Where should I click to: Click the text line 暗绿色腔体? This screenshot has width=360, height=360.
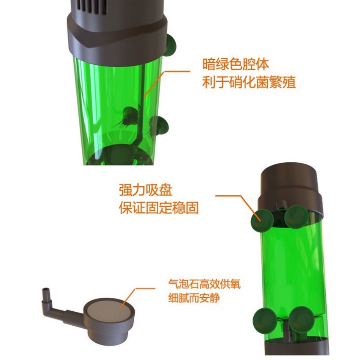click(235, 65)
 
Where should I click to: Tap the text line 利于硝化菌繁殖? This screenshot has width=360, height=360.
click(249, 82)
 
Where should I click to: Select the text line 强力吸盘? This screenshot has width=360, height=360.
click(146, 190)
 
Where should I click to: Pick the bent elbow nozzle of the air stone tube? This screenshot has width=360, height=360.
click(47, 296)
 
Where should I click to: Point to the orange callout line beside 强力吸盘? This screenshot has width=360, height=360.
click(237, 199)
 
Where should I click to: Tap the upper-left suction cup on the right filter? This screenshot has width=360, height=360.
click(261, 219)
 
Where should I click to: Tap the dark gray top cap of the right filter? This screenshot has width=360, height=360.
click(289, 180)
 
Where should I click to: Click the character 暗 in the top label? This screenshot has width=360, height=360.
click(209, 65)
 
